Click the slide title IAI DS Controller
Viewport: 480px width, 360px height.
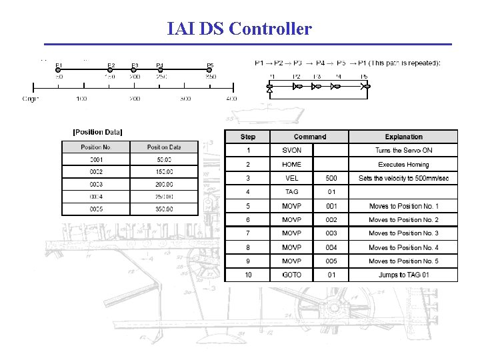pos(239,29)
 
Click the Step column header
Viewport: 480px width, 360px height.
pos(248,137)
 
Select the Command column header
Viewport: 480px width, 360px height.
pos(310,137)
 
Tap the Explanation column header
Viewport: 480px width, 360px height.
pos(403,137)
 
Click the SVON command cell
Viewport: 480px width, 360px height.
pos(292,151)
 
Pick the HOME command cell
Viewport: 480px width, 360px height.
pos(292,165)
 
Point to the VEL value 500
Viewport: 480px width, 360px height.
pos(331,178)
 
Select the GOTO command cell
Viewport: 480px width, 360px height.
pos(292,275)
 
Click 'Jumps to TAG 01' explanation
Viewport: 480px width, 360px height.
pos(403,275)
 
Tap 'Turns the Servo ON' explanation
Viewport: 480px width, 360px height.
pos(403,151)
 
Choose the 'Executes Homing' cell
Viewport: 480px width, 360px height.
pos(403,165)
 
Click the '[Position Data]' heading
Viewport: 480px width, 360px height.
pos(97,132)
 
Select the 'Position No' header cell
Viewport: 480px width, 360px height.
pos(95,147)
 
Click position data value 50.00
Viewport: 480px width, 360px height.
pos(164,159)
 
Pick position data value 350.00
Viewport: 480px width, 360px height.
pos(164,209)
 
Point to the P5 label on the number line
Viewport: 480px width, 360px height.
pos(210,66)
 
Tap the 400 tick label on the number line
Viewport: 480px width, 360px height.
pos(231,99)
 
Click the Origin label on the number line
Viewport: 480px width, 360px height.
pos(31,99)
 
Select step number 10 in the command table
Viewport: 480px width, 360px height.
pos(248,275)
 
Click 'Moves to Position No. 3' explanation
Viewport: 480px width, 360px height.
pos(403,233)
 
